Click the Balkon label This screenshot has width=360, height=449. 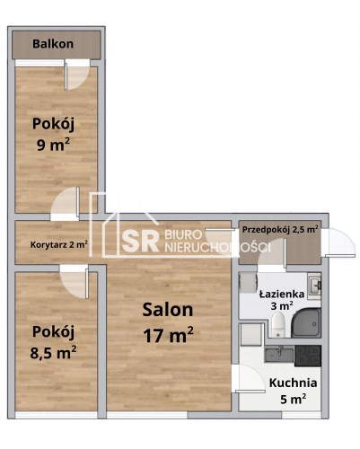tap(53, 44)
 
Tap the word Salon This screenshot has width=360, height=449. tap(168, 310)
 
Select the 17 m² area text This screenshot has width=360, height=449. tap(168, 335)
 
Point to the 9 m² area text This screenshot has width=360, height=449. tap(53, 145)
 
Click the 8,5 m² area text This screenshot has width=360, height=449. tap(53, 352)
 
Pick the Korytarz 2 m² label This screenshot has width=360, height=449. tap(59, 244)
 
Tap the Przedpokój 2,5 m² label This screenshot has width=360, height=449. tap(280, 230)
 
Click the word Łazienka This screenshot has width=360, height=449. tap(282, 294)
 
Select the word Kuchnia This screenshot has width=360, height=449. tap(293, 383)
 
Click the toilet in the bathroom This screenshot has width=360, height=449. tap(278, 324)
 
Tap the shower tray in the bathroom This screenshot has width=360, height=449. tap(306, 322)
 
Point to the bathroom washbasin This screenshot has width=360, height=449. tap(314, 286)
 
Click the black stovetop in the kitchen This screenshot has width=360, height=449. tap(308, 356)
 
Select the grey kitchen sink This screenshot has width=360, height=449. tap(279, 355)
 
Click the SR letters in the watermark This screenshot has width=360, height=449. tap(140, 242)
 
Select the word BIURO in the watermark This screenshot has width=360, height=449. tap(183, 235)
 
